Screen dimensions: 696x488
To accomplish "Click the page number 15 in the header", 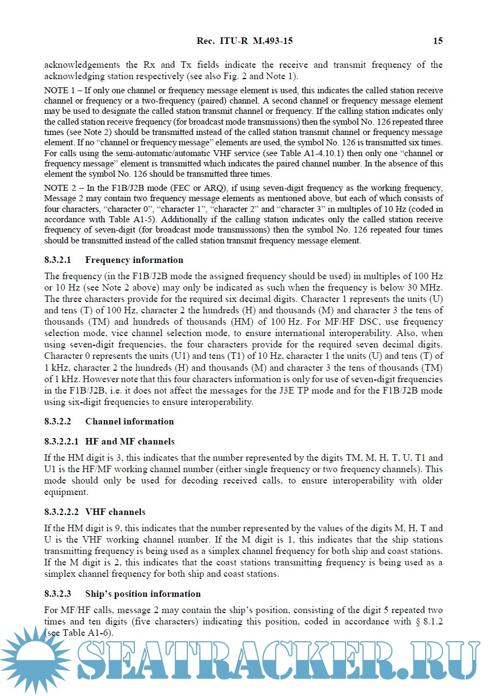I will (x=438, y=41).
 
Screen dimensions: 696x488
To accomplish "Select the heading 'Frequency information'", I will (x=134, y=260).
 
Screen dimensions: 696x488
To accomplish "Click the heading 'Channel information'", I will (x=129, y=421).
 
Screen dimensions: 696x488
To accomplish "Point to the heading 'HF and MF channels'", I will (x=130, y=441).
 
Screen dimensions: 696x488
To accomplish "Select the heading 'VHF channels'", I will (x=115, y=512).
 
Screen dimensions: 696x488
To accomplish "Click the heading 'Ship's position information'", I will (x=143, y=594).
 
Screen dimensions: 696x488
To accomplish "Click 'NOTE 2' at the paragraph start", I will (x=57, y=189).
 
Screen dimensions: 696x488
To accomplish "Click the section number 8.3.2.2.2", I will (x=61, y=512).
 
